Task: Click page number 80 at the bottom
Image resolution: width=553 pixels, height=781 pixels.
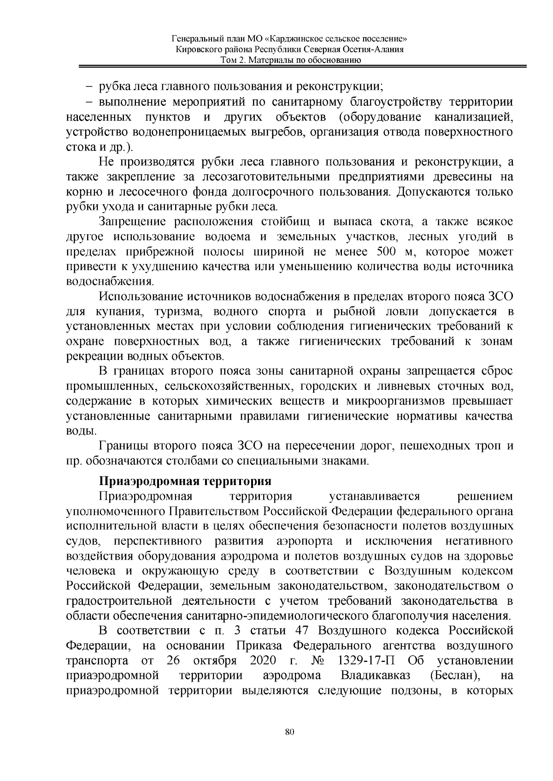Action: [289, 732]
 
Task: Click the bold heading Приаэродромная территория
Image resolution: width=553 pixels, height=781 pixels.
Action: [185, 481]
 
